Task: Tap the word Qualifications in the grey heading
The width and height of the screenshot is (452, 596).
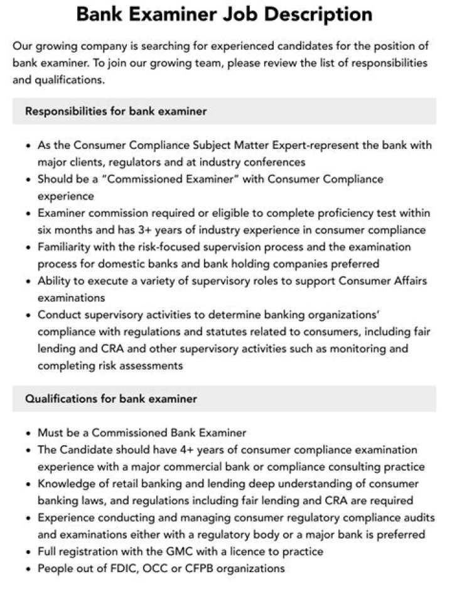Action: point(60,399)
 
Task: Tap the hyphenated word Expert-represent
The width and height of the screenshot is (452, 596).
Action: point(271,145)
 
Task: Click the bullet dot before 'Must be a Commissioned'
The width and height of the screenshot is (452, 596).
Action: point(29,433)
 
